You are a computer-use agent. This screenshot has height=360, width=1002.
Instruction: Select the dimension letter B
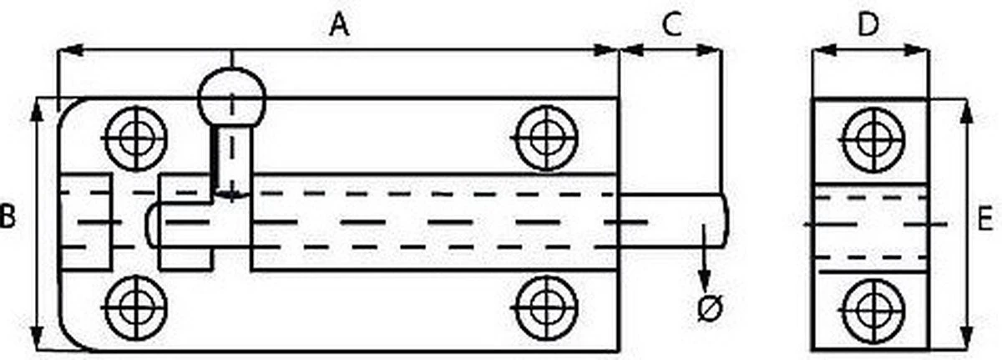coord(8,219)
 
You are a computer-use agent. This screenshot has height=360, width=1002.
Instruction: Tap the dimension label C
coord(671,25)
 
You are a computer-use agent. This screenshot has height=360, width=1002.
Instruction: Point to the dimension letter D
coord(868,25)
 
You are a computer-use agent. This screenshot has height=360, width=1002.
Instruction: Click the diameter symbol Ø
coord(708,309)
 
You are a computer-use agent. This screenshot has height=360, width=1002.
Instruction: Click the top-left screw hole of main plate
coord(134,136)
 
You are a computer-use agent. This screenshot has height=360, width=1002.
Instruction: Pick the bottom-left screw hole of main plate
coord(134,304)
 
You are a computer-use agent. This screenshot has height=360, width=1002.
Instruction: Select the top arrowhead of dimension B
coord(37,109)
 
